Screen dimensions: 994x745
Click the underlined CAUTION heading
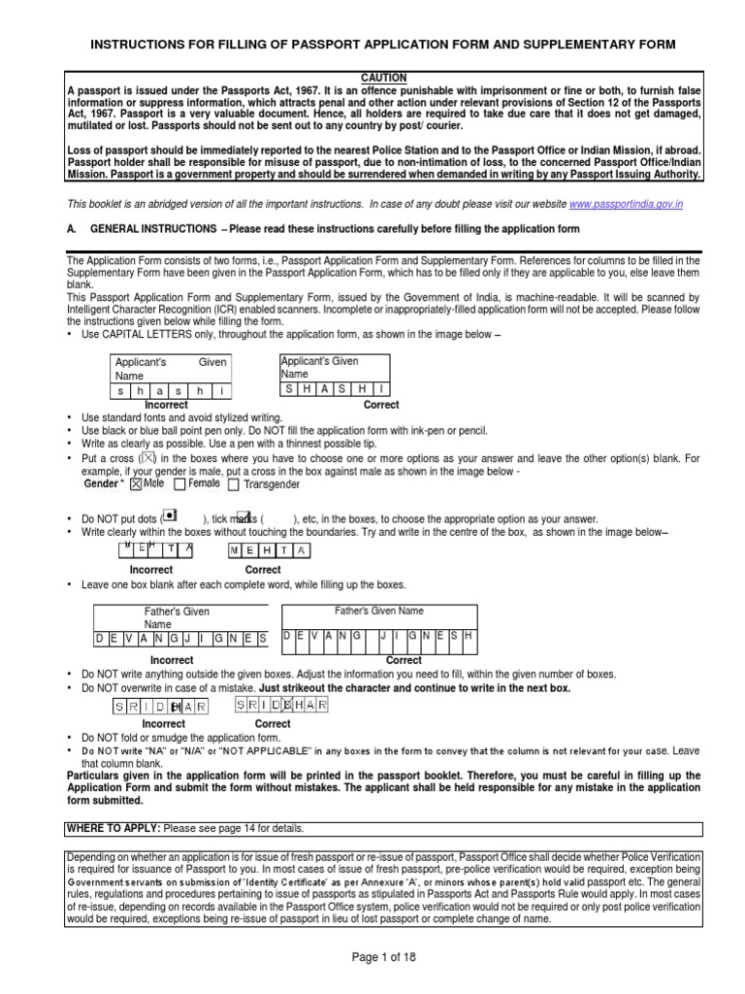[383, 78]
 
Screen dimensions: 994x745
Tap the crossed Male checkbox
[136, 482]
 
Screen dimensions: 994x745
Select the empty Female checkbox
[180, 482]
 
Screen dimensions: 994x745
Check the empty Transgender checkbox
[235, 482]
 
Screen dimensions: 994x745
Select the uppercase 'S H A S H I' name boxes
[335, 388]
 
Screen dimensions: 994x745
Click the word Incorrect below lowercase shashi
[166, 405]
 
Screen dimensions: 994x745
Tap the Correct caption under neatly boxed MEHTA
[263, 570]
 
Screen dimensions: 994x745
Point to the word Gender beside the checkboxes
[102, 483]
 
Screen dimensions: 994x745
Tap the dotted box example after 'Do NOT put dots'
[170, 514]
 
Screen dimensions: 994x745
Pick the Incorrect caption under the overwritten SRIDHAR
[163, 723]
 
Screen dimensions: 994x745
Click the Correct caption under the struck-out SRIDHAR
[273, 723]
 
